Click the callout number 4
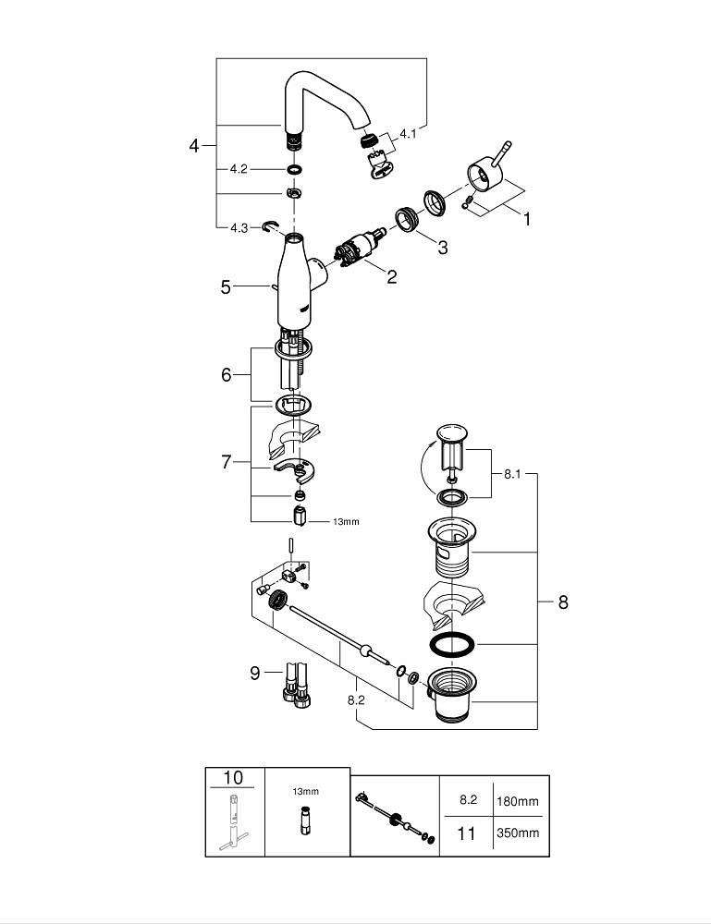click(194, 146)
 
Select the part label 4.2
click(239, 169)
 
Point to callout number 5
click(226, 287)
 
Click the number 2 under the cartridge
click(392, 276)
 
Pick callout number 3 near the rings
click(443, 247)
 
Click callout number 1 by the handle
click(527, 219)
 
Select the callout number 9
click(255, 673)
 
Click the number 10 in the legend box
click(234, 778)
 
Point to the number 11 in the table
click(467, 833)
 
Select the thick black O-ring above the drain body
click(453, 644)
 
